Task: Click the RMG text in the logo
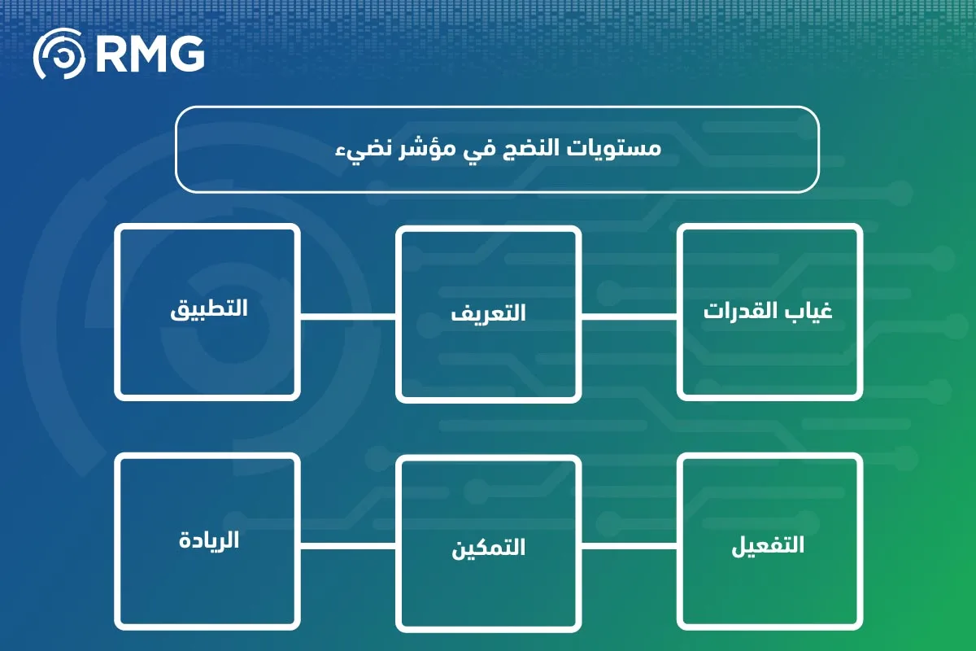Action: pos(150,55)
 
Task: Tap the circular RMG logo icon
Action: pos(59,55)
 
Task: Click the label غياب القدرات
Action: pos(769,312)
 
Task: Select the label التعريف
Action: pos(488,312)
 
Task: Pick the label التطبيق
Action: pos(208,310)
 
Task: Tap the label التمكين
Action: pos(488,548)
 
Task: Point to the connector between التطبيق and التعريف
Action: pos(348,316)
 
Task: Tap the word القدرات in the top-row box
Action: pos(740,312)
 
